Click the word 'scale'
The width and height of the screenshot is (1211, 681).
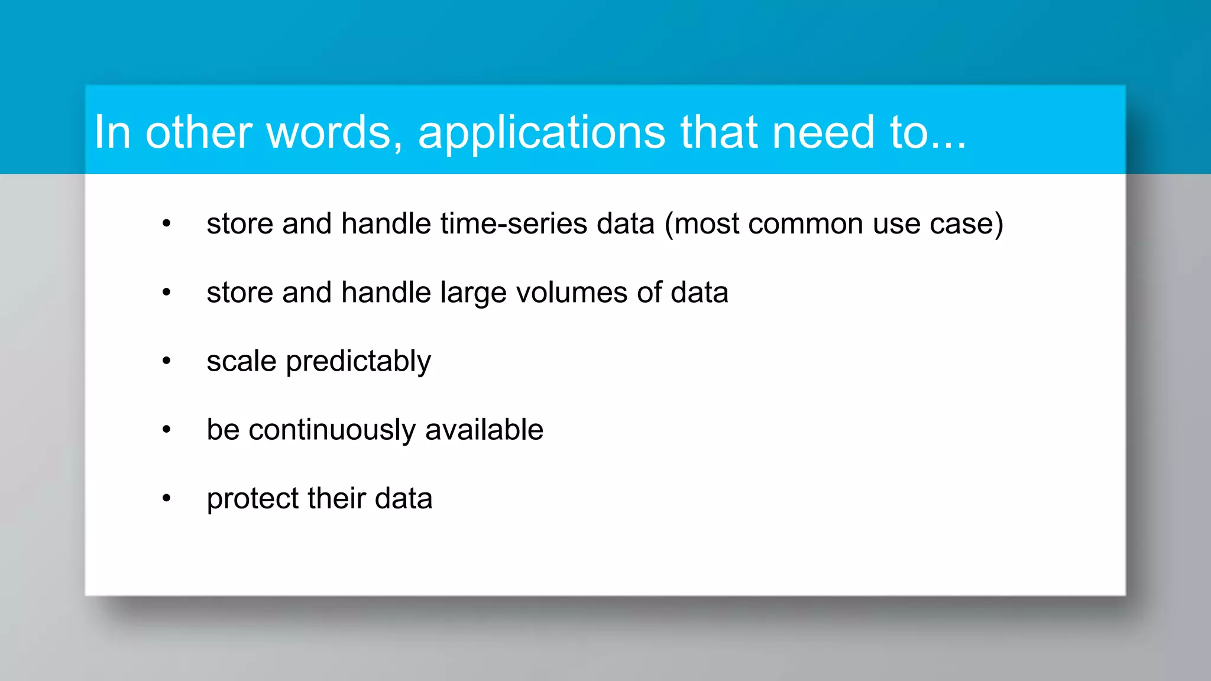[241, 361]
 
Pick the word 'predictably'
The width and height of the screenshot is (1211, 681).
[358, 362]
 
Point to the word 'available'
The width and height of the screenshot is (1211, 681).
[484, 430]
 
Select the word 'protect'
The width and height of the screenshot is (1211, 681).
[252, 500]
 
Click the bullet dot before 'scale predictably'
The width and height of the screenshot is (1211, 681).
[167, 361]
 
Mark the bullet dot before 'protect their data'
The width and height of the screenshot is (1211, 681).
[167, 498]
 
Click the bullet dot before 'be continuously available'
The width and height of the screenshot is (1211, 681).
[167, 430]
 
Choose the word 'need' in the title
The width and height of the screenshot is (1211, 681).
[823, 132]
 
